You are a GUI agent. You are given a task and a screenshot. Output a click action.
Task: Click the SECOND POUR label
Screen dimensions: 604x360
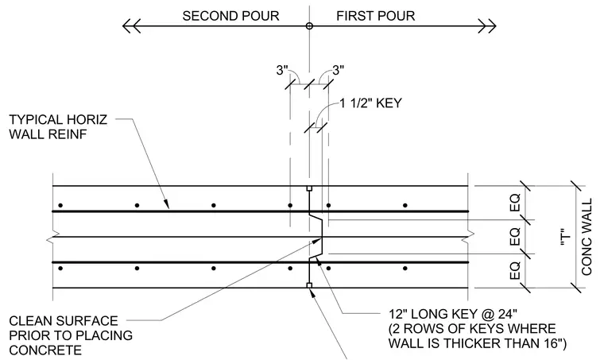tap(230, 16)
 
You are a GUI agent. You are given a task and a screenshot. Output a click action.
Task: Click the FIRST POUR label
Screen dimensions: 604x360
tap(376, 16)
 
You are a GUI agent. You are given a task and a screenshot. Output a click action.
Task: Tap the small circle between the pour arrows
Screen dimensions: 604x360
tap(309, 26)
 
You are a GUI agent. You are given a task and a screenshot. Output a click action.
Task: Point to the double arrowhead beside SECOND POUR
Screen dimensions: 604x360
tap(131, 26)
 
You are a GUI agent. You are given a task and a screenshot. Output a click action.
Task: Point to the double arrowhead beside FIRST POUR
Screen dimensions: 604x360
tap(487, 26)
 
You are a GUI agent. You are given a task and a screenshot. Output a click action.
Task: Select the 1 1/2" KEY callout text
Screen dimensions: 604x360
tap(370, 103)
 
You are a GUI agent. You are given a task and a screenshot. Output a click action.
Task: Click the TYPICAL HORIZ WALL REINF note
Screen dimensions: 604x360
tap(58, 126)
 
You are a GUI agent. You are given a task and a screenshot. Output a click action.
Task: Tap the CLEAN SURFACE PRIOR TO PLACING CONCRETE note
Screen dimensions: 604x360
tap(71, 335)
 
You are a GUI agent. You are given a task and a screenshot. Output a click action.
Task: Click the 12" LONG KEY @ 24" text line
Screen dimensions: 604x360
tap(453, 314)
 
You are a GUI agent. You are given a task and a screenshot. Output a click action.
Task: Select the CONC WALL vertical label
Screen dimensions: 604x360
tap(587, 237)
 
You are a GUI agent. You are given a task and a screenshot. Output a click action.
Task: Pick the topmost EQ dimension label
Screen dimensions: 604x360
tap(515, 203)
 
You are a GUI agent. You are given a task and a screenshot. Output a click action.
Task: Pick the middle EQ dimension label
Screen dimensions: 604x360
tap(515, 236)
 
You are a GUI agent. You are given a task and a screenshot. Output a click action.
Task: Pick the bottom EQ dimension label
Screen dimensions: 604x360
tap(515, 271)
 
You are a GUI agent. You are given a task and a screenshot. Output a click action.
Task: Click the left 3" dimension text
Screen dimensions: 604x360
tap(282, 71)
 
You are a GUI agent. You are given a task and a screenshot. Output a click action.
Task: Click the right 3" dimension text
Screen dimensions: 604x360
tap(338, 71)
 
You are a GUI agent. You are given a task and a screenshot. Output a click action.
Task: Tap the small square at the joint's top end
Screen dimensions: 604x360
tap(309, 188)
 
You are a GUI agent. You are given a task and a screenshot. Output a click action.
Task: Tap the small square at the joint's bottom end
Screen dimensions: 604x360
tap(309, 285)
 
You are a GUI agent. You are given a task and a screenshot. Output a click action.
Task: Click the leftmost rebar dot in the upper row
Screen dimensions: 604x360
tap(60, 205)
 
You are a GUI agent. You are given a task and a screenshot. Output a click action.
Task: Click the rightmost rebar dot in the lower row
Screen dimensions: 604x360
tap(405, 269)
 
